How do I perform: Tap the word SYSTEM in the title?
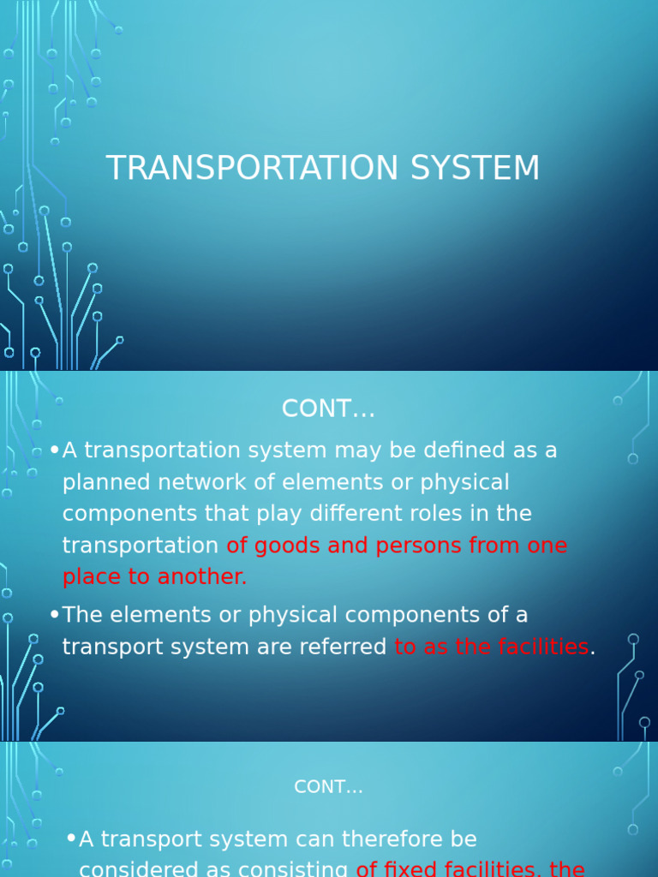(475, 168)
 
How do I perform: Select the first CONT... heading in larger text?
(328, 409)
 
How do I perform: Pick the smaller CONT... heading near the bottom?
(328, 787)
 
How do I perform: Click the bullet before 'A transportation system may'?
(55, 450)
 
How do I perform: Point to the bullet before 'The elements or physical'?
(55, 614)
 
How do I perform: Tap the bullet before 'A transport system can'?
(71, 838)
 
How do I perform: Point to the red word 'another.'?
(204, 577)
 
